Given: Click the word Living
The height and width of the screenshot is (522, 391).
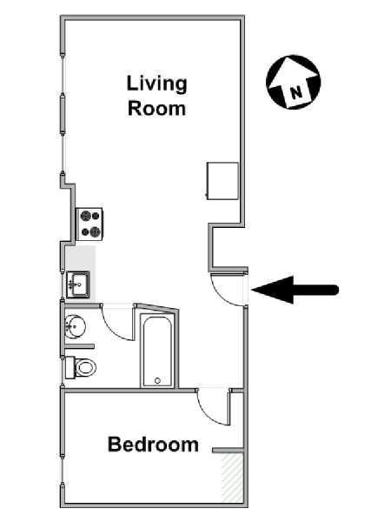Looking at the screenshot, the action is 156,85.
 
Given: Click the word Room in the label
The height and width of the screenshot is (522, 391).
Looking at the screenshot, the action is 156,109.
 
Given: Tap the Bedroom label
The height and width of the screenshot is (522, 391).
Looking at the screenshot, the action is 153,444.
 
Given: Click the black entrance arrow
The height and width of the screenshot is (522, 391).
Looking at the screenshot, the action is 295,290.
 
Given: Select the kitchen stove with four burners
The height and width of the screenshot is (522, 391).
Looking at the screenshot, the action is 89,224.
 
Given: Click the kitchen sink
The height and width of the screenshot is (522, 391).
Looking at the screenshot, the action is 78,284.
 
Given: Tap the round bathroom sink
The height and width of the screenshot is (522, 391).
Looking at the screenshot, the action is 75,326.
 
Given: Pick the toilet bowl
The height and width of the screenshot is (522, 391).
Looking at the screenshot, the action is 85,367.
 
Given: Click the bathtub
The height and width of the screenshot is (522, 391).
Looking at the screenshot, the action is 157,351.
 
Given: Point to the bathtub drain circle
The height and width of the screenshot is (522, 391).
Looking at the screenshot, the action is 157,380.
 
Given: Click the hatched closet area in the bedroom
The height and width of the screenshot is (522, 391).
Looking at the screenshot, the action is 232,478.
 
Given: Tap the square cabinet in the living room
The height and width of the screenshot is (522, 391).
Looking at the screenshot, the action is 222,181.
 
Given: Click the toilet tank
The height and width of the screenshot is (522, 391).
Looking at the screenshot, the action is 70,367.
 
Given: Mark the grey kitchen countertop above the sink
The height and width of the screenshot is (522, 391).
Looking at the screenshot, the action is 81,259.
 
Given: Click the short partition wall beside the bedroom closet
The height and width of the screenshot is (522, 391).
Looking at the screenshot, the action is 228,451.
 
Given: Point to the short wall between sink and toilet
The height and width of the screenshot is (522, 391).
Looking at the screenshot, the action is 79,346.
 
